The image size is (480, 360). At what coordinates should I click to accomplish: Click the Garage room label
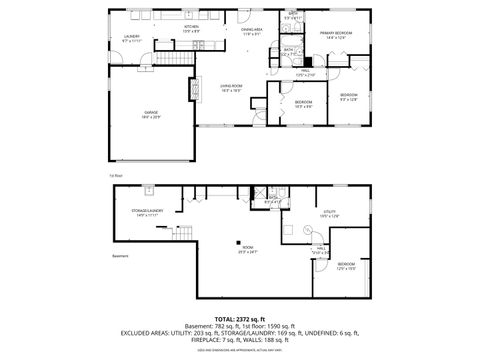(x=151, y=114)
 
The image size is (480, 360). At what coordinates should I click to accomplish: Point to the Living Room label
(x=233, y=88)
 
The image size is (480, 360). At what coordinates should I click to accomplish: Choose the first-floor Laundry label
(x=131, y=38)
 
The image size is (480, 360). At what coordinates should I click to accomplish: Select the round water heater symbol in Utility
(x=306, y=228)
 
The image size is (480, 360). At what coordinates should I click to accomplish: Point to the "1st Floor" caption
(x=116, y=175)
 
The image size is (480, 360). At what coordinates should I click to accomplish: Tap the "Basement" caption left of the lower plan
(x=116, y=255)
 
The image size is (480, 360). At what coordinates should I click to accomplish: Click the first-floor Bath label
(x=288, y=49)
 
